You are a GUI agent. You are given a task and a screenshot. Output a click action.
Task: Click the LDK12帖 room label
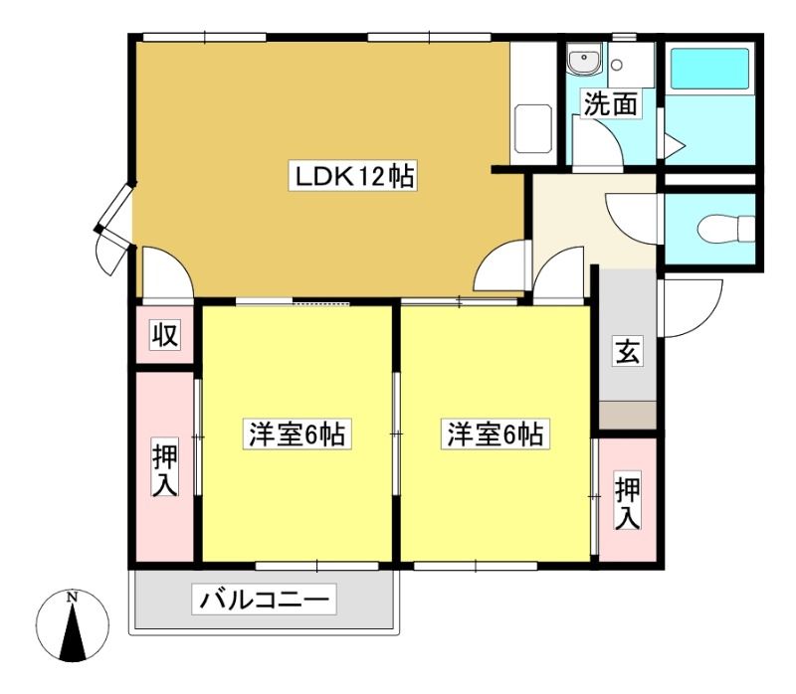click(353, 177)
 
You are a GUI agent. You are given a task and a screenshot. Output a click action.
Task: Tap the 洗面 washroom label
click(610, 103)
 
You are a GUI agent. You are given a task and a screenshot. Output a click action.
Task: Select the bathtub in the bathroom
click(709, 69)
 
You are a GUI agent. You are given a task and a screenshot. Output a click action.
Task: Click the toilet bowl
click(726, 230)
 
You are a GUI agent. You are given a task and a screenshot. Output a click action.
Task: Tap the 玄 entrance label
click(628, 351)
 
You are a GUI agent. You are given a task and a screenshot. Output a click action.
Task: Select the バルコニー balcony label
click(264, 600)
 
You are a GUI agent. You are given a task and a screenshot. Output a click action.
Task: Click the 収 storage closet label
click(165, 335)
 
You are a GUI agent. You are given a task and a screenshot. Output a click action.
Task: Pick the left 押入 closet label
click(165, 468)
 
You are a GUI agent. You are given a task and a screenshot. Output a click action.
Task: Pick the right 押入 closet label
click(628, 501)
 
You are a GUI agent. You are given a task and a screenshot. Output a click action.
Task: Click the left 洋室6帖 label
click(297, 434)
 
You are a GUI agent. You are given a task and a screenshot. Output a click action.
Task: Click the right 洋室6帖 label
click(495, 434)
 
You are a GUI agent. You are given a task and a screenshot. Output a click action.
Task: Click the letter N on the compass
click(73, 597)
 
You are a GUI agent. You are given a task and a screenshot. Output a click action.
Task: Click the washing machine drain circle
click(617, 65)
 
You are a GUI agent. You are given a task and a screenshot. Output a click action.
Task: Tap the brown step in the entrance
click(628, 416)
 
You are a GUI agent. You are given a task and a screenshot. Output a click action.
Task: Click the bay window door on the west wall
click(115, 230)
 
